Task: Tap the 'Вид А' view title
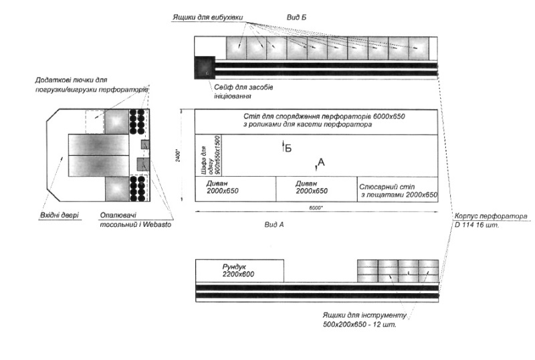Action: pos(274,225)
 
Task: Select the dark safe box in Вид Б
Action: pos(204,67)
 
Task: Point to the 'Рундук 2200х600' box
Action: pos(239,271)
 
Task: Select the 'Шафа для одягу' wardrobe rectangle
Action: pos(207,155)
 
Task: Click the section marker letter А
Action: pos(321,162)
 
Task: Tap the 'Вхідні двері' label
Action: pos(58,215)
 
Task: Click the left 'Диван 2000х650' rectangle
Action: pos(235,189)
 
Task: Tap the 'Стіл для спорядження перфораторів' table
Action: pos(316,121)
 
